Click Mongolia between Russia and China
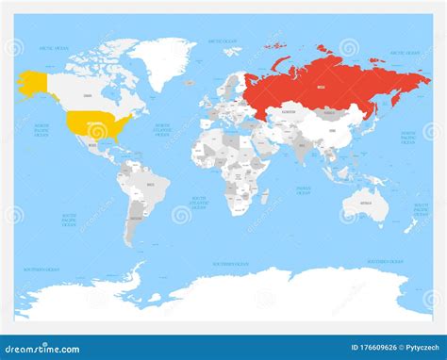pyautogui.click(x=331, y=111)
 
